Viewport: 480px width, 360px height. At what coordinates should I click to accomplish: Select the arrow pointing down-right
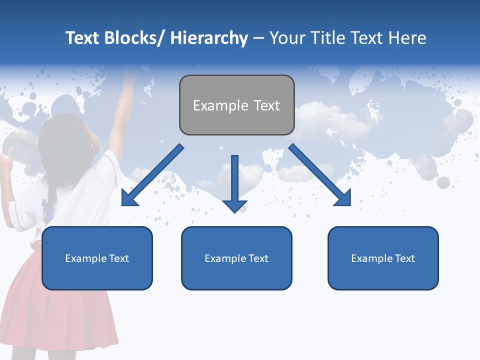[x=320, y=175]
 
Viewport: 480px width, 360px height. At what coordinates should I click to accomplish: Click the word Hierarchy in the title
[x=209, y=38]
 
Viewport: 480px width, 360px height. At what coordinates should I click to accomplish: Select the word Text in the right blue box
[x=404, y=258]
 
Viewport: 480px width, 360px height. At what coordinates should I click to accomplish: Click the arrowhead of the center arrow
[x=234, y=205]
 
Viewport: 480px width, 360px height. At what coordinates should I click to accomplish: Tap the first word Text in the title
[x=83, y=38]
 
